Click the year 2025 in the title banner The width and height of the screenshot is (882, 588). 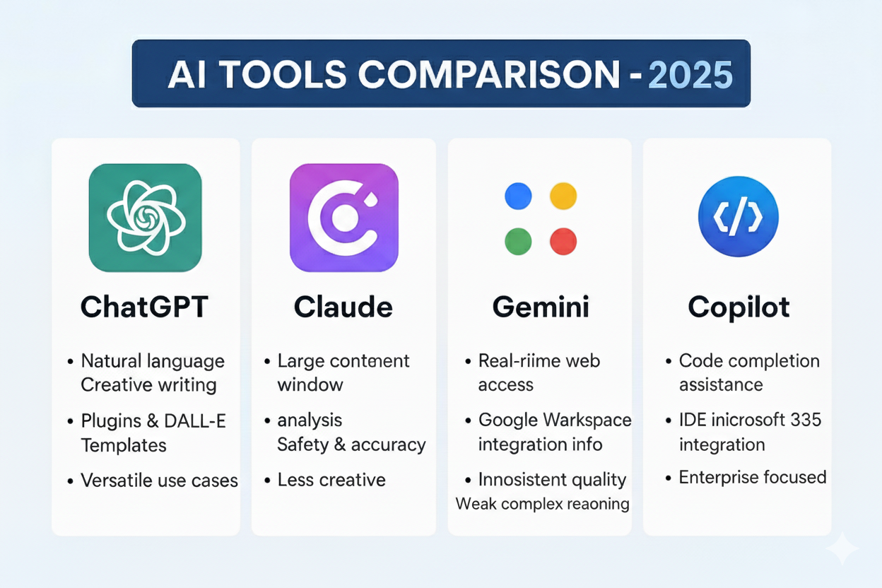(690, 73)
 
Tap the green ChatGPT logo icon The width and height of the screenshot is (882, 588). (145, 218)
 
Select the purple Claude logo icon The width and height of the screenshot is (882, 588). (343, 218)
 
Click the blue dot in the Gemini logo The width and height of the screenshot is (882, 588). (518, 196)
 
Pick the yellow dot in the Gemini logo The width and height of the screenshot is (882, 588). (563, 196)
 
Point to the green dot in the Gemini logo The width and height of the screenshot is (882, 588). (518, 241)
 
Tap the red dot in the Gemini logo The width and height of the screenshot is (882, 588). (563, 241)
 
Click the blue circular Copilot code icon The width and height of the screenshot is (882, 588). (738, 216)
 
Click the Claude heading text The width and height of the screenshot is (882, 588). (343, 307)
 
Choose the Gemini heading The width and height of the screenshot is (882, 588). (541, 307)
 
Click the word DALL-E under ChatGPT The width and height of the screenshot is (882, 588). (196, 421)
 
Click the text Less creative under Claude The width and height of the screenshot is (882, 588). (331, 480)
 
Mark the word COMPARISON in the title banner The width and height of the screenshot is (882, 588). (492, 74)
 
